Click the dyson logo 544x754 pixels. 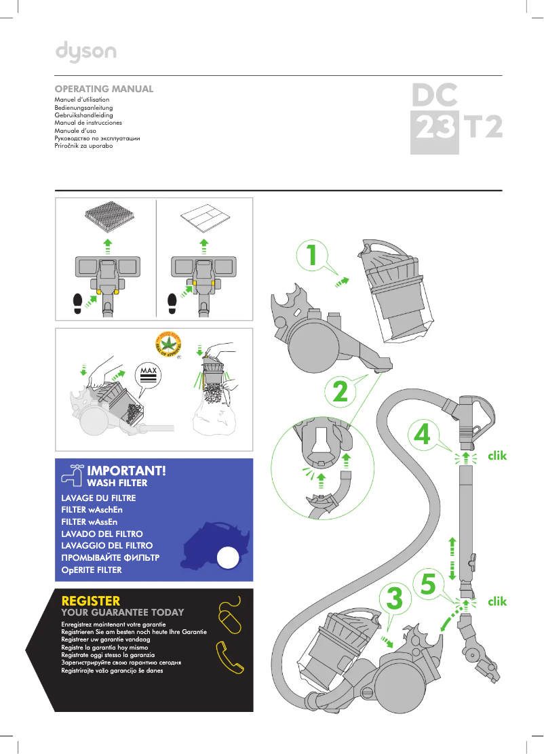85,52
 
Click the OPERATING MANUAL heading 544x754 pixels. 104,89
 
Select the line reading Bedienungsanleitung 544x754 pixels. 83,108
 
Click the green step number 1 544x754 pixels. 311,256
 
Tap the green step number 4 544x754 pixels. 422,435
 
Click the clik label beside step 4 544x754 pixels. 497,456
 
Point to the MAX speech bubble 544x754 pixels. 149,375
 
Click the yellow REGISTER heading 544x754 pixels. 90,601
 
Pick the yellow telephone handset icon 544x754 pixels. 229,657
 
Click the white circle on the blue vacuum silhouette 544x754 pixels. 227,559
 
